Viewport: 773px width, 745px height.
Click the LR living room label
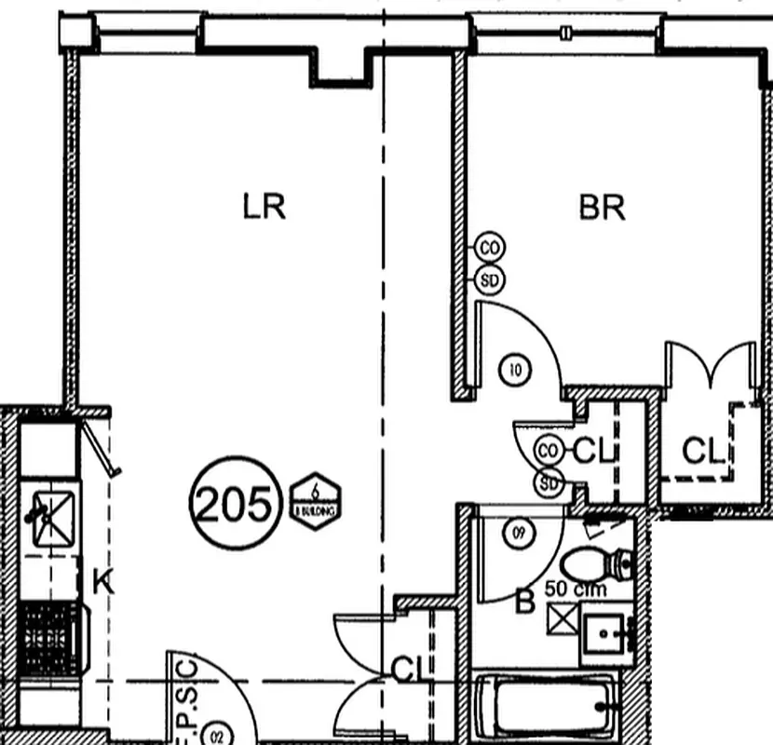pyautogui.click(x=264, y=207)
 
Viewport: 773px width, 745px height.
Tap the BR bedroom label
pyautogui.click(x=602, y=207)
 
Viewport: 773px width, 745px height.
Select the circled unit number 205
pyautogui.click(x=236, y=505)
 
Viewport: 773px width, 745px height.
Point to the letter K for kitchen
pyautogui.click(x=102, y=583)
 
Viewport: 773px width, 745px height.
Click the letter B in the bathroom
pyautogui.click(x=524, y=603)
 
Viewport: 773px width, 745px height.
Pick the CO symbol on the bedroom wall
pyautogui.click(x=490, y=248)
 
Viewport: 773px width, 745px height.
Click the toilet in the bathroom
pyautogui.click(x=596, y=563)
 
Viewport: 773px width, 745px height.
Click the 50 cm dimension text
pyautogui.click(x=576, y=589)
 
